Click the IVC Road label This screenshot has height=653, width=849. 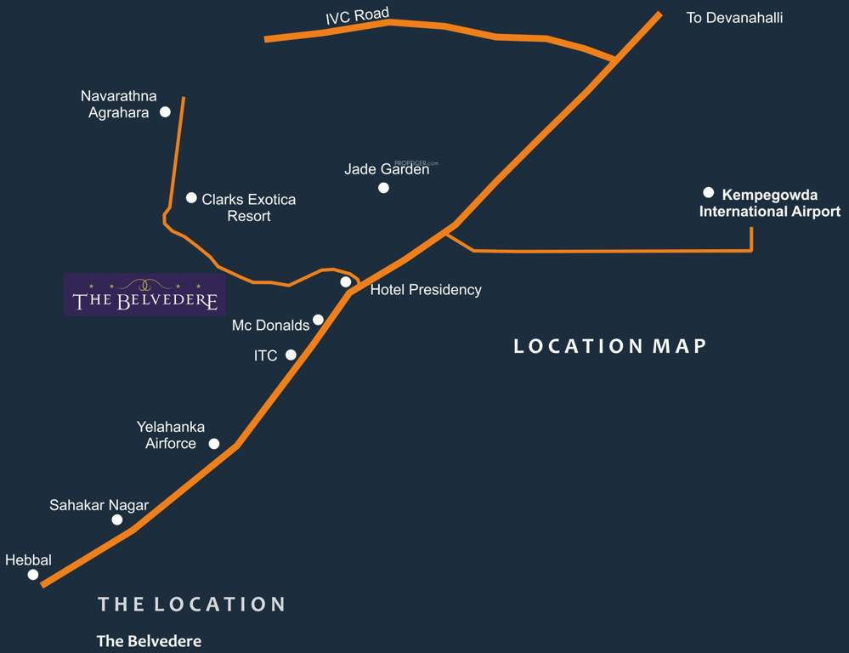(x=357, y=15)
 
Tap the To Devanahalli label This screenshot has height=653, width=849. (x=734, y=17)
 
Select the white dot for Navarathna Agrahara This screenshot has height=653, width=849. (x=165, y=111)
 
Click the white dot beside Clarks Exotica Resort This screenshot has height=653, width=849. (x=191, y=197)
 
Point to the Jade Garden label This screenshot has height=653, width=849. (x=387, y=169)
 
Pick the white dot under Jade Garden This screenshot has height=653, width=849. (x=383, y=187)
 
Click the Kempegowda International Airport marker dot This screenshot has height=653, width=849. (x=708, y=192)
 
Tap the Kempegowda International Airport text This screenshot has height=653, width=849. (x=770, y=203)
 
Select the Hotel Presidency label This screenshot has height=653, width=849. (x=426, y=290)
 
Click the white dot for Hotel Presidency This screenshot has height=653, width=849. (x=345, y=281)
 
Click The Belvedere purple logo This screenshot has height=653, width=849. (x=145, y=294)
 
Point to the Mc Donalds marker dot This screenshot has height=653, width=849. (x=318, y=320)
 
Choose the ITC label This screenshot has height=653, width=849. (x=266, y=355)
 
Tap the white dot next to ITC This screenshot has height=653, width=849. (x=291, y=355)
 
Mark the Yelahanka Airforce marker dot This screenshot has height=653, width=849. (x=214, y=443)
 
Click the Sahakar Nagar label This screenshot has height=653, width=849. (x=99, y=505)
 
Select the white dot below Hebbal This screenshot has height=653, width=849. (x=33, y=575)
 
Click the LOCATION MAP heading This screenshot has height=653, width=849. (x=610, y=346)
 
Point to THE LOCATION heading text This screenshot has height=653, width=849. (x=191, y=605)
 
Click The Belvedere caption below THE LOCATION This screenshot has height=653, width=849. (x=149, y=641)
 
